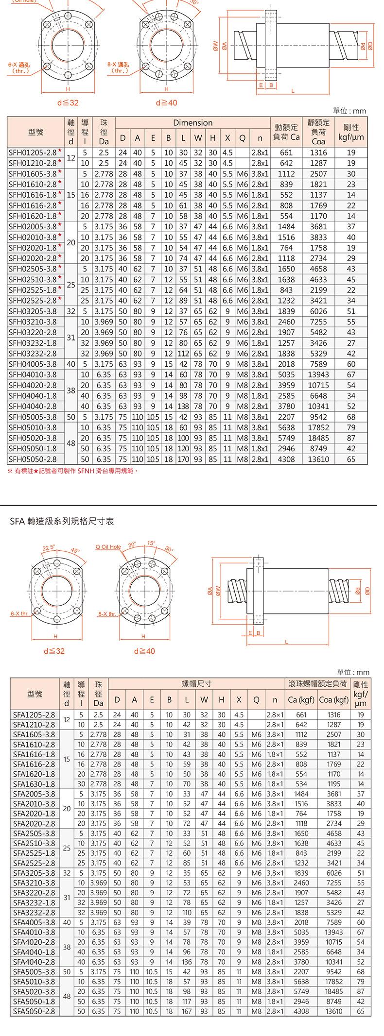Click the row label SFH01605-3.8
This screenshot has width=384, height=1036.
click(x=33, y=174)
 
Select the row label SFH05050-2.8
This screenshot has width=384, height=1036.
click(x=33, y=459)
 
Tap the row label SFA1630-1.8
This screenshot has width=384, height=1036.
click(x=34, y=784)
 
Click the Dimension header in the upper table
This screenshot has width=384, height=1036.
click(x=193, y=123)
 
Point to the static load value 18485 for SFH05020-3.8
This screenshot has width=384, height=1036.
click(x=318, y=438)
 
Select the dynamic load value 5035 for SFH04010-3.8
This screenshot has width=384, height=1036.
click(x=286, y=374)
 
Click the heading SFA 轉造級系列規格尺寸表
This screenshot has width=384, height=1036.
click(x=62, y=521)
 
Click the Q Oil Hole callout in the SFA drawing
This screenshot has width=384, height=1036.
click(x=108, y=546)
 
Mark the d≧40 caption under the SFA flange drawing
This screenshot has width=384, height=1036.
click(x=144, y=650)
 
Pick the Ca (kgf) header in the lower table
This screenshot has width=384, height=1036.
click(x=301, y=700)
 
